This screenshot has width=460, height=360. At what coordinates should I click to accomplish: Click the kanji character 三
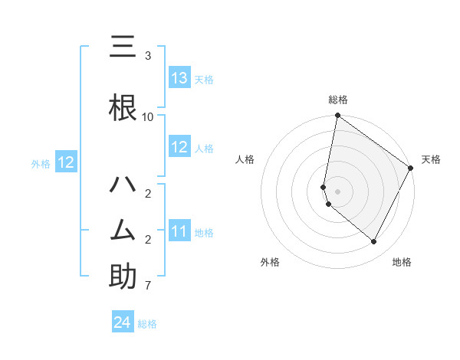[x=123, y=48]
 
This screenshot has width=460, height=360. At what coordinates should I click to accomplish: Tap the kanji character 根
[x=123, y=108]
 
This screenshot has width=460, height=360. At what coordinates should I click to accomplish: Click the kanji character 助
[x=123, y=276]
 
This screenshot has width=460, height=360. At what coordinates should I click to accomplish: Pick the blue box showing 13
[x=179, y=78]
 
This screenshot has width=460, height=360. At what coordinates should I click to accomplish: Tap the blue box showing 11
[x=179, y=231]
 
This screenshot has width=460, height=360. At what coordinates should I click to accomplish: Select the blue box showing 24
[x=123, y=322]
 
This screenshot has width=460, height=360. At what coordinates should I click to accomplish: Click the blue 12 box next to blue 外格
[x=65, y=162]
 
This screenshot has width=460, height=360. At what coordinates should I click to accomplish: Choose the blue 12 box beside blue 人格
[x=179, y=147]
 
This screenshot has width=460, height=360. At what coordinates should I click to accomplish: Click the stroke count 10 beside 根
[x=148, y=116]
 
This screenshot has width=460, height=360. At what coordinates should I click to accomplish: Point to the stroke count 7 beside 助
[x=148, y=286]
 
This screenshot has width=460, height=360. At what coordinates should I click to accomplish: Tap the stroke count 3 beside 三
[x=148, y=56]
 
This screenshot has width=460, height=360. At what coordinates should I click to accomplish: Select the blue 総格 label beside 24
[x=147, y=324]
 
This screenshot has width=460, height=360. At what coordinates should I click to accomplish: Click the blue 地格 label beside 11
[x=204, y=232]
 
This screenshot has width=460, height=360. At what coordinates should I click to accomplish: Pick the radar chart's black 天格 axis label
[x=431, y=159]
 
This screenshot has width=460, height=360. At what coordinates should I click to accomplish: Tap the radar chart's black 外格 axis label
[x=270, y=262]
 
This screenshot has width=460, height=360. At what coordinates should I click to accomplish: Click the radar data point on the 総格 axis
[x=337, y=116]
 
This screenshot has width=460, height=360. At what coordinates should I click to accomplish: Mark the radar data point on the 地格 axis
[x=373, y=242]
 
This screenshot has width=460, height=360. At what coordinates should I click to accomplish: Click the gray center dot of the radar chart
[x=337, y=191]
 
